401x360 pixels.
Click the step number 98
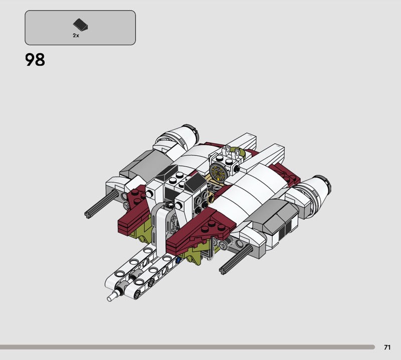35,60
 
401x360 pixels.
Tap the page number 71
387,347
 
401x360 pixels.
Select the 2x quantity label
76,36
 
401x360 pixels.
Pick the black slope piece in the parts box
80,25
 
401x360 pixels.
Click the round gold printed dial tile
218,172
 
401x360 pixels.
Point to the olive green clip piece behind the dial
237,152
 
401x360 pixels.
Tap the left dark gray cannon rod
101,204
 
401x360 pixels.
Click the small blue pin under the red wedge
178,260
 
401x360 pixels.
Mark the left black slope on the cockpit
166,172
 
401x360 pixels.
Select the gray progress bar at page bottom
187,347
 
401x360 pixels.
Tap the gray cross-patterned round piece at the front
174,221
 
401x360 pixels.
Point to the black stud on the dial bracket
238,168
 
